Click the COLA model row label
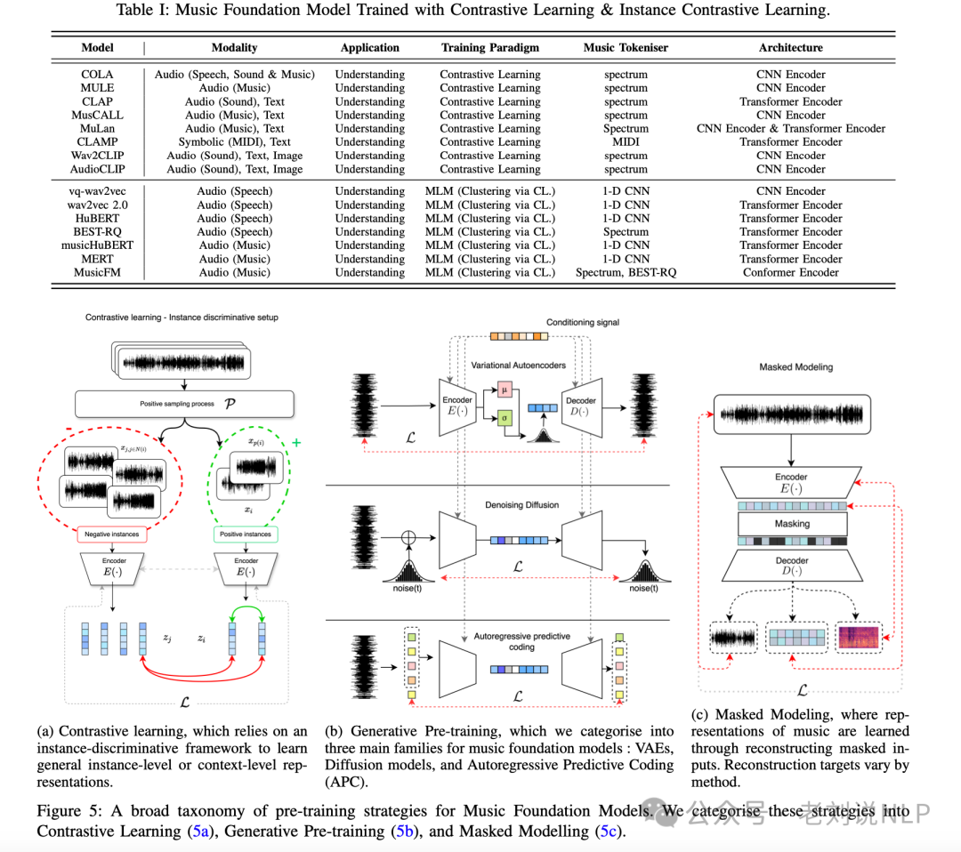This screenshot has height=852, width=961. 98,75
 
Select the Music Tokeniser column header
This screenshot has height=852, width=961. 626,48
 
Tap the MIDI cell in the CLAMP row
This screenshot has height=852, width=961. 626,142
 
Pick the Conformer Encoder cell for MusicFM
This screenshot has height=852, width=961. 790,272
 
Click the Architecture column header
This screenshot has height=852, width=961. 790,48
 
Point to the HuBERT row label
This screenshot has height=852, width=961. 98,218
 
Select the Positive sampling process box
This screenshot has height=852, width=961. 185,404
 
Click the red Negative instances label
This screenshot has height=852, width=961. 111,535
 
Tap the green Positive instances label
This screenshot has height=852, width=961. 246,535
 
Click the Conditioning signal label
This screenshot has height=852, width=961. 582,322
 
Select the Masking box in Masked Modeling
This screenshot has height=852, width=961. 791,524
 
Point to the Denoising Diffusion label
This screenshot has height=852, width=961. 521,505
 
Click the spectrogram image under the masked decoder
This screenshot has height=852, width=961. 858,638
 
